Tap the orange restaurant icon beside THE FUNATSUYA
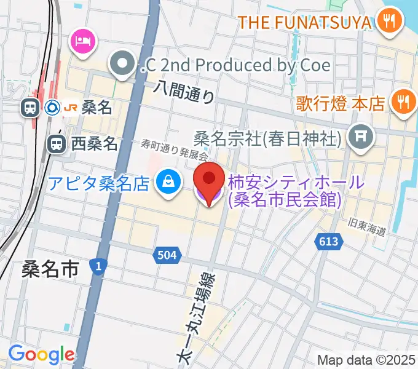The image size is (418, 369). [388, 23]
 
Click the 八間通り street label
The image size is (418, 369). [185, 93]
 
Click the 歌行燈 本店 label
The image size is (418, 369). [340, 103]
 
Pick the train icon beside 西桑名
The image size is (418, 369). [56, 145]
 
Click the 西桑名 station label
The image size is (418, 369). [93, 145]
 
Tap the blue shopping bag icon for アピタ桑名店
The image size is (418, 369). [167, 182]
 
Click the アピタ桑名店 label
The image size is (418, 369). [100, 183]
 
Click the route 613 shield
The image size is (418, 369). [329, 242]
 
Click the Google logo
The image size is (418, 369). [41, 354]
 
